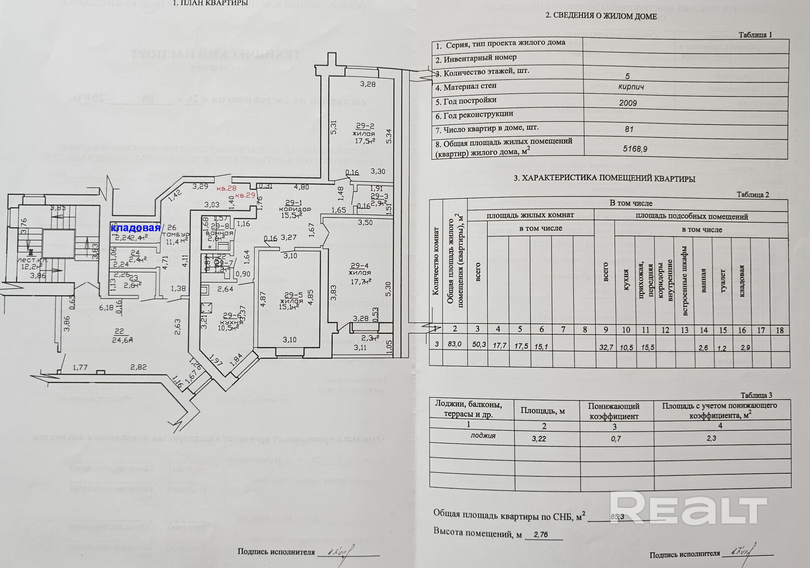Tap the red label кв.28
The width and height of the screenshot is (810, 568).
226,188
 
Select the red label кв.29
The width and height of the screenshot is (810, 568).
246,195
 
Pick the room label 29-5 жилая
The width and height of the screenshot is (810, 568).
291,301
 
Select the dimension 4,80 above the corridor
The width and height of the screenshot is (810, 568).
301,187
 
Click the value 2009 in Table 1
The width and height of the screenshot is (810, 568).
628,103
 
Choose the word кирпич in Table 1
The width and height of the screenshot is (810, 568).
631,87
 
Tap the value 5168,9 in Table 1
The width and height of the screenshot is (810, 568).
635,149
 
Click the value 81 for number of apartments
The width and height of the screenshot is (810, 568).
629,129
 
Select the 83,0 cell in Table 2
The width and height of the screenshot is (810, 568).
455,345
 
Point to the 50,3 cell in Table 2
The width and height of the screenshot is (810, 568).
477,345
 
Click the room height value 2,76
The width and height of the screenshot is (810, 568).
541,534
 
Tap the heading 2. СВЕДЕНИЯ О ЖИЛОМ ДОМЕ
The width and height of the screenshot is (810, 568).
601,16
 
